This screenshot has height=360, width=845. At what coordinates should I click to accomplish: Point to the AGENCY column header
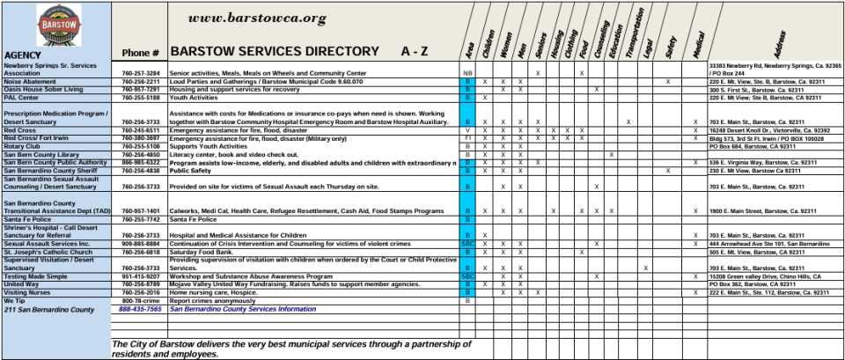click(x=22, y=54)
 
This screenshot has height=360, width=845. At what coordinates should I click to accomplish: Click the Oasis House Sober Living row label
click(x=43, y=89)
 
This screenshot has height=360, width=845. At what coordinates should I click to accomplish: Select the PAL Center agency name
click(x=21, y=97)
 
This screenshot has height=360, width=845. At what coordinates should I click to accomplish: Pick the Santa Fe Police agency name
click(x=27, y=218)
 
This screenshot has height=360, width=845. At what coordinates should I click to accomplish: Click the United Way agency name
click(x=22, y=283)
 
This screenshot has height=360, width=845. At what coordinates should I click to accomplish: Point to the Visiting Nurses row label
click(x=27, y=291)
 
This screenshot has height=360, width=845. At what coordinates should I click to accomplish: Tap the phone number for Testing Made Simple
click(x=141, y=276)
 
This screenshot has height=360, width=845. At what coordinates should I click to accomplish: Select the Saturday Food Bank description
click(x=203, y=252)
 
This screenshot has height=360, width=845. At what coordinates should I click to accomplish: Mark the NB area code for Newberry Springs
click(x=468, y=73)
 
